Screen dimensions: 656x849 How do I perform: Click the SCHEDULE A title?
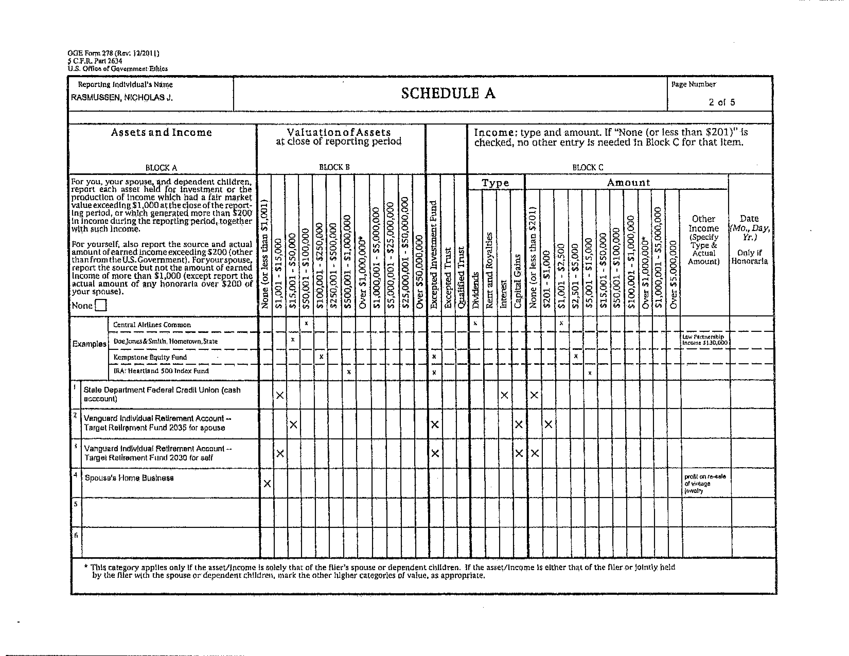tap(448, 94)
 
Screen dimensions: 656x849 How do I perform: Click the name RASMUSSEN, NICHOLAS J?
tap(122, 97)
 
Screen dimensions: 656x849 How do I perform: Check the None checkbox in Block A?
tap(101, 305)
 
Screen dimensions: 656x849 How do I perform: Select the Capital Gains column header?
tap(517, 281)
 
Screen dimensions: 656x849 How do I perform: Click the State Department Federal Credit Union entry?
tap(162, 394)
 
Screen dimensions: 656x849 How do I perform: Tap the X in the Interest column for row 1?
tap(504, 395)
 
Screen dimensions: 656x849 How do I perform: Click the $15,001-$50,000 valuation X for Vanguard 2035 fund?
tap(294, 424)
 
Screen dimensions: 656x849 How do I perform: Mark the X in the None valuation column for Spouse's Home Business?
tap(267, 483)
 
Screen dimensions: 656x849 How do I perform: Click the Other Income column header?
tap(704, 240)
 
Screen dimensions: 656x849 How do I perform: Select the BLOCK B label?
tap(334, 167)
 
